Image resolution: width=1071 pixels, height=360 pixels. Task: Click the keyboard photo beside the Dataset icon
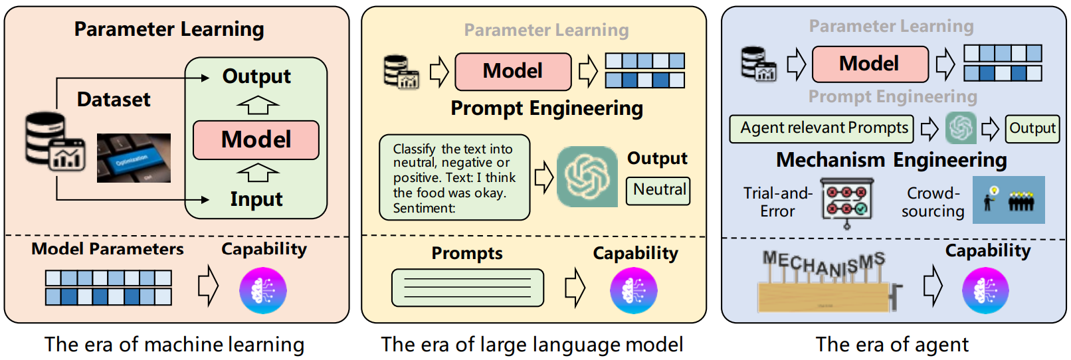pyautogui.click(x=134, y=158)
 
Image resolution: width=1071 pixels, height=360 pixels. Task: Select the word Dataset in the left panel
pyautogui.click(x=114, y=100)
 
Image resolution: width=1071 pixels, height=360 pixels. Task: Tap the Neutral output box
pyautogui.click(x=658, y=191)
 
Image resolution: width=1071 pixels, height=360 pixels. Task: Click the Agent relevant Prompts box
pyautogui.click(x=821, y=129)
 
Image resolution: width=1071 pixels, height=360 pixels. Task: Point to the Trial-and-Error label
pyautogui.click(x=778, y=202)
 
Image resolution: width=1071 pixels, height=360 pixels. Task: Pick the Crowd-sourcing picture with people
pyautogui.click(x=1009, y=200)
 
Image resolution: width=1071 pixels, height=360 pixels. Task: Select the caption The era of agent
pyautogui.click(x=892, y=344)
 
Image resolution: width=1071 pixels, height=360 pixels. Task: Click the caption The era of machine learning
pyautogui.click(x=175, y=345)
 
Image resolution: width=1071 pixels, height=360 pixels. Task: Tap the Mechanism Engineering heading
pyautogui.click(x=891, y=159)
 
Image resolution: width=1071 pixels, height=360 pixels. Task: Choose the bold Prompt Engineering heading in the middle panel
pyautogui.click(x=547, y=108)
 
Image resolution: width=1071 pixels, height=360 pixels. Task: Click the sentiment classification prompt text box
pyautogui.click(x=454, y=177)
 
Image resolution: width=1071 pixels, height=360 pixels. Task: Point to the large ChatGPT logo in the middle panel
pyautogui.click(x=587, y=177)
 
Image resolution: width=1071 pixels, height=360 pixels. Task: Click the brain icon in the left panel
pyautogui.click(x=263, y=291)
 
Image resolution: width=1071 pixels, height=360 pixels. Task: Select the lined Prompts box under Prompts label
pyautogui.click(x=468, y=288)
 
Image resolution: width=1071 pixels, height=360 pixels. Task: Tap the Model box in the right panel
pyautogui.click(x=870, y=64)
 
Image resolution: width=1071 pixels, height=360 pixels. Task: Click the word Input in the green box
pyautogui.click(x=256, y=199)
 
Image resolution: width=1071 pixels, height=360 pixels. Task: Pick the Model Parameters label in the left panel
pyautogui.click(x=108, y=249)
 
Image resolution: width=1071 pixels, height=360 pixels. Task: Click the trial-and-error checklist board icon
pyautogui.click(x=847, y=203)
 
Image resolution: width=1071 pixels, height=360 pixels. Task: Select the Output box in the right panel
pyautogui.click(x=1032, y=129)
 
